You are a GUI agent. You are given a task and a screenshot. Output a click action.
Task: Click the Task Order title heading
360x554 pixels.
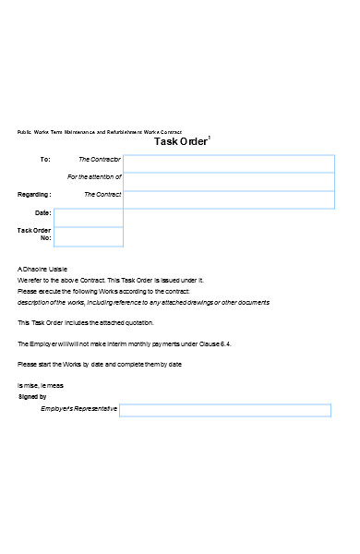coord(181,142)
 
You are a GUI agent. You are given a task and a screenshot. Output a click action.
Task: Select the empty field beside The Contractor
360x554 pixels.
coord(229,163)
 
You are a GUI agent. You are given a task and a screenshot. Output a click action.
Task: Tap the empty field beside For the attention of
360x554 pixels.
coord(229,181)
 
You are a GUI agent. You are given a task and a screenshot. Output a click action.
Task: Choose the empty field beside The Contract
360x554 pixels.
coord(229,199)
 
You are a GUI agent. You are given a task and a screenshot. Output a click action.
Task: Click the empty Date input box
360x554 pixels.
coord(89,217)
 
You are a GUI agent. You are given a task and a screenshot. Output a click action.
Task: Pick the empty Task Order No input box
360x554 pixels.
coord(89,235)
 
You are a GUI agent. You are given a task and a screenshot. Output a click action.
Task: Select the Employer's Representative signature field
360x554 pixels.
coord(226,409)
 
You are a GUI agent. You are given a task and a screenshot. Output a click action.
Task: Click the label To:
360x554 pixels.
coord(45,160)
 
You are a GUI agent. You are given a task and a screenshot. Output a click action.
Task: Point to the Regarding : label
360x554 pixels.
coord(35,195)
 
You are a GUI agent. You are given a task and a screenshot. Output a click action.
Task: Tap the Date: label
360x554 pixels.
coord(42,213)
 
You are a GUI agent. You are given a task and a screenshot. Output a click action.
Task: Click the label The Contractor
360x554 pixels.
coord(100,160)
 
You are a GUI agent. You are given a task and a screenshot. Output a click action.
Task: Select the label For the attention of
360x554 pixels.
coord(94,177)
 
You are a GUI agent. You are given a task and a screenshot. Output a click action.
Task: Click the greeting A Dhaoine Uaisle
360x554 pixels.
coord(42,269)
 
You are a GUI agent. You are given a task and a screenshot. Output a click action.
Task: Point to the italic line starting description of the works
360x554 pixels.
coord(143,302)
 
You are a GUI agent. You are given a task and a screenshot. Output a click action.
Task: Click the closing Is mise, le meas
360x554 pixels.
coord(41,386)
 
